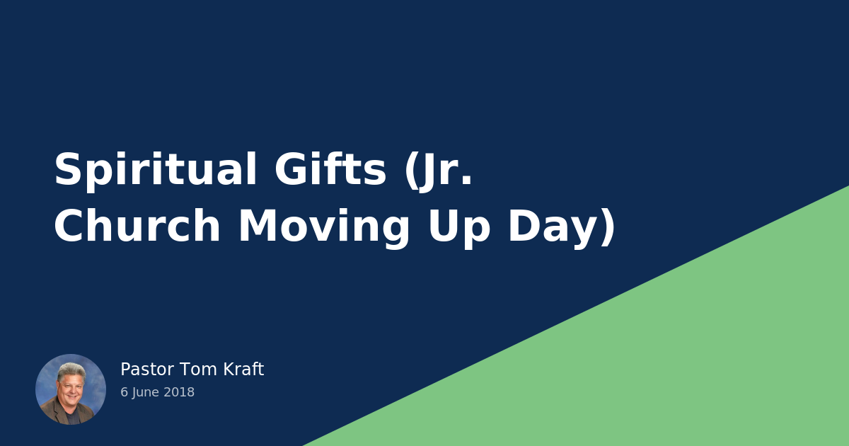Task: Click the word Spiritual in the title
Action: (x=155, y=171)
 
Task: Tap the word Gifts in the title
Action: (x=330, y=171)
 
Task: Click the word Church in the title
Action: (x=137, y=227)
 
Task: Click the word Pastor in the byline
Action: (x=146, y=370)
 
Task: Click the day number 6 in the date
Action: (x=124, y=392)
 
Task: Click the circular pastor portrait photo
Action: (x=71, y=389)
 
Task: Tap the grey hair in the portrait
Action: (x=71, y=370)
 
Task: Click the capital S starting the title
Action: (x=67, y=171)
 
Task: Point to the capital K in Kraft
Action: (x=228, y=370)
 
